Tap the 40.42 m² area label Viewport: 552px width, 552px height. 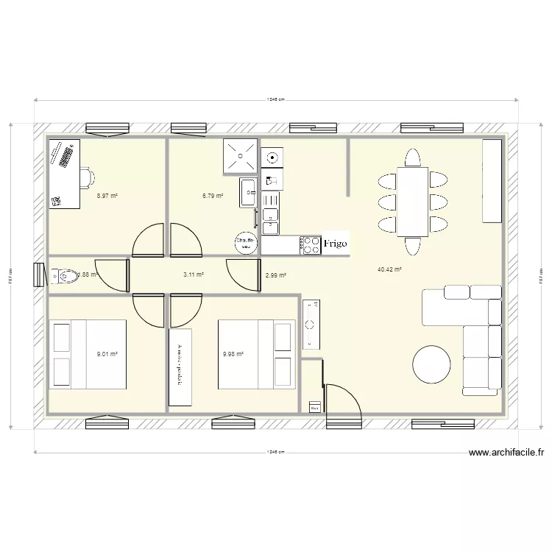pos(389,270)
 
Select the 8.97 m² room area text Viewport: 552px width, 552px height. pos(107,197)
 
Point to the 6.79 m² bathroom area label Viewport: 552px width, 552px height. pos(213,197)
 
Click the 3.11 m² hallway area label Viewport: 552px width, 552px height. pos(193,275)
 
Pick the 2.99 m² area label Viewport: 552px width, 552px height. pos(275,275)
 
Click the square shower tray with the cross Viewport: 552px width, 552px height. pos(241,155)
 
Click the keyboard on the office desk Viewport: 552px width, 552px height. pos(68,157)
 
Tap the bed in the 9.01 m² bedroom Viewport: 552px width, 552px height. pos(87,354)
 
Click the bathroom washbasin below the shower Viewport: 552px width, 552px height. pos(247,191)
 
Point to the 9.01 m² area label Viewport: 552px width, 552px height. pos(107,354)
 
